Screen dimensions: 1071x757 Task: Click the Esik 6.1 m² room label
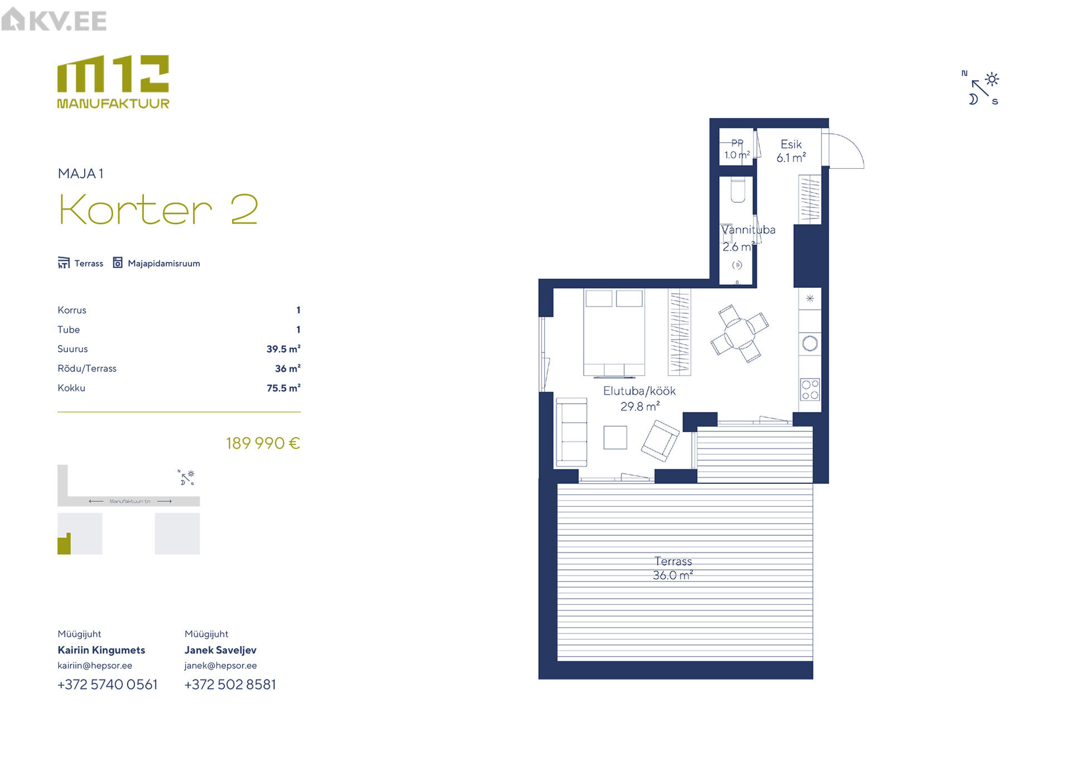(x=791, y=151)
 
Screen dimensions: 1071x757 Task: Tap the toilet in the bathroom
(x=737, y=190)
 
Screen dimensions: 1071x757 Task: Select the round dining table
(x=740, y=333)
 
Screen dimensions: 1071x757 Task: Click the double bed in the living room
(x=614, y=332)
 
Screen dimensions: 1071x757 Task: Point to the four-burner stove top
(x=810, y=390)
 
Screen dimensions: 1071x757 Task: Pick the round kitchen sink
(x=810, y=343)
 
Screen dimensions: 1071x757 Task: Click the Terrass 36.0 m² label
(x=673, y=568)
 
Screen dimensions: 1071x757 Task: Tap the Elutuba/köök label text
(x=639, y=391)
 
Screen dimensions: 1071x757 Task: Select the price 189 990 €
(x=263, y=443)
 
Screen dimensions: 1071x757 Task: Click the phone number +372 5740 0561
(x=108, y=685)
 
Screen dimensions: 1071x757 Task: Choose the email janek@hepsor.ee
(x=220, y=666)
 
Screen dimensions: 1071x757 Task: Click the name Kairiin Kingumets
(x=102, y=650)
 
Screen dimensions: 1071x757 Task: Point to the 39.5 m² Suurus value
(x=283, y=349)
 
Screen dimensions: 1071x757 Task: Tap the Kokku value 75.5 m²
(x=283, y=388)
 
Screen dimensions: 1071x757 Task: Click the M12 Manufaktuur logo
(x=113, y=82)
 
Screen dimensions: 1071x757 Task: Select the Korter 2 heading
(x=158, y=210)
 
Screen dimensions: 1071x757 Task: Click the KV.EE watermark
(x=54, y=20)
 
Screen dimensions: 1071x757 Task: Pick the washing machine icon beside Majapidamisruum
(x=118, y=263)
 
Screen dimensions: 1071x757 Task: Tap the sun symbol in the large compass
(x=992, y=79)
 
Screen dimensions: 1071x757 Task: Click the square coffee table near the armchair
(x=615, y=438)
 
